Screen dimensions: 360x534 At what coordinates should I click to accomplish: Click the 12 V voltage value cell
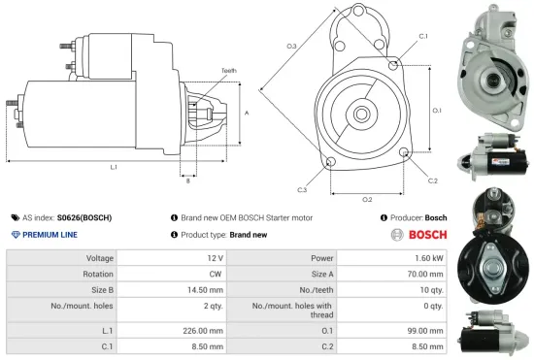(x=216, y=259)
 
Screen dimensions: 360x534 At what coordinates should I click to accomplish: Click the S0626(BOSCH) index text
(x=83, y=218)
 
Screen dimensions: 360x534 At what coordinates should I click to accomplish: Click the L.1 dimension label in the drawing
(x=114, y=167)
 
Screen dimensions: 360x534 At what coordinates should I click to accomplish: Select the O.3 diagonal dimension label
(x=291, y=46)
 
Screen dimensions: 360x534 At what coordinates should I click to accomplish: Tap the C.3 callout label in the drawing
(x=303, y=189)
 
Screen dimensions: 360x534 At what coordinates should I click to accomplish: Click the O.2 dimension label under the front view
(x=367, y=199)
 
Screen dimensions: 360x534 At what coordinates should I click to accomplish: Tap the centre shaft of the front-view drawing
(x=360, y=115)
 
